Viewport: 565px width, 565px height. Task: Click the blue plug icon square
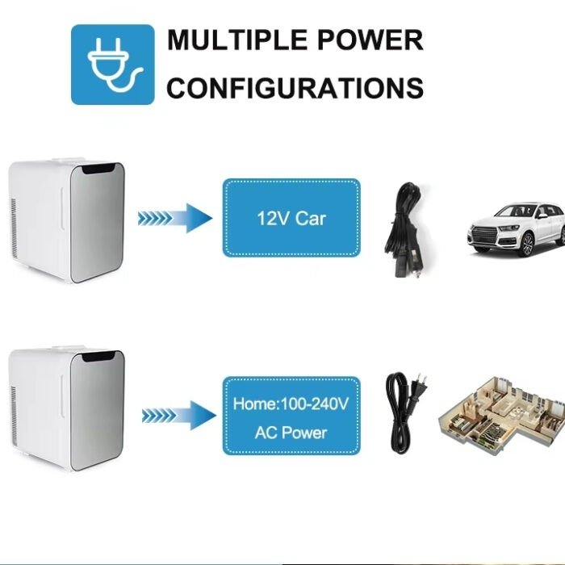click(113, 65)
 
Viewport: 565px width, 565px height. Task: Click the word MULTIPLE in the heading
click(236, 40)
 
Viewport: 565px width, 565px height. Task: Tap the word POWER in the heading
click(370, 40)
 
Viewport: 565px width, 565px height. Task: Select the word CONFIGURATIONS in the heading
click(295, 87)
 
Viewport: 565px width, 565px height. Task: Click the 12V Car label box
click(291, 218)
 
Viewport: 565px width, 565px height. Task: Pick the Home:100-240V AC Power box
click(291, 416)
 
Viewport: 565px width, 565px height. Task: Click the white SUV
click(516, 229)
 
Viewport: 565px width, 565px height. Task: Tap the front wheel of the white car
click(527, 245)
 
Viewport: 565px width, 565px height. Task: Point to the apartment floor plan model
click(501, 414)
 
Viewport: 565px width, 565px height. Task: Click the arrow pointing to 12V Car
click(175, 218)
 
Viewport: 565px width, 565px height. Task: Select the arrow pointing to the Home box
click(179, 416)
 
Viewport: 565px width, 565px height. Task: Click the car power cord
click(405, 231)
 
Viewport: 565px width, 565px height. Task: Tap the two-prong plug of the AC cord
click(420, 387)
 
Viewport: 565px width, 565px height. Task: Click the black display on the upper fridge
click(101, 168)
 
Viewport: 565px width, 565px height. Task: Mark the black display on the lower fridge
click(101, 356)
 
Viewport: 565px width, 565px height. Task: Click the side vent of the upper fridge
click(14, 228)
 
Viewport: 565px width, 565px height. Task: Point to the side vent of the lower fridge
click(14, 416)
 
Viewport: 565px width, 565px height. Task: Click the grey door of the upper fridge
click(98, 223)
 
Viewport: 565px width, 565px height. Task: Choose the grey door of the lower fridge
click(98, 411)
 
